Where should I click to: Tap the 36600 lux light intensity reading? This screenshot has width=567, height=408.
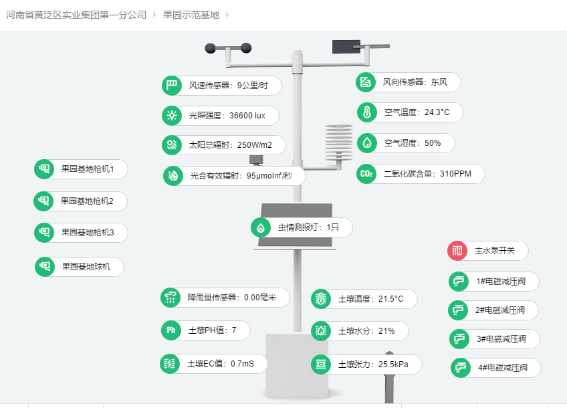click(247, 116)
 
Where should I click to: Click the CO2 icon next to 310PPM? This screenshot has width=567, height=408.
click(366, 174)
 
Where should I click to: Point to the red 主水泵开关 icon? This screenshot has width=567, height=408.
click(457, 251)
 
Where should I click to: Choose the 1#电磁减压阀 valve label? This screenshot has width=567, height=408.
click(501, 282)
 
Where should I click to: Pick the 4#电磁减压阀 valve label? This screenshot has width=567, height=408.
click(503, 368)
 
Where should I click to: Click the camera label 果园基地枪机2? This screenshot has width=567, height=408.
click(87, 201)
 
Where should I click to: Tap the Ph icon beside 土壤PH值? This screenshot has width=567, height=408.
click(171, 330)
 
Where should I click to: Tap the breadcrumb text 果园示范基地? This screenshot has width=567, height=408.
click(191, 15)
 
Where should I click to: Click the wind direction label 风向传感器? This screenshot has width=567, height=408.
click(404, 82)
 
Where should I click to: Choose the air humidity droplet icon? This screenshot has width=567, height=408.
click(367, 143)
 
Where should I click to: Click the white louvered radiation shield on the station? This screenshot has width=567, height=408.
click(339, 140)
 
